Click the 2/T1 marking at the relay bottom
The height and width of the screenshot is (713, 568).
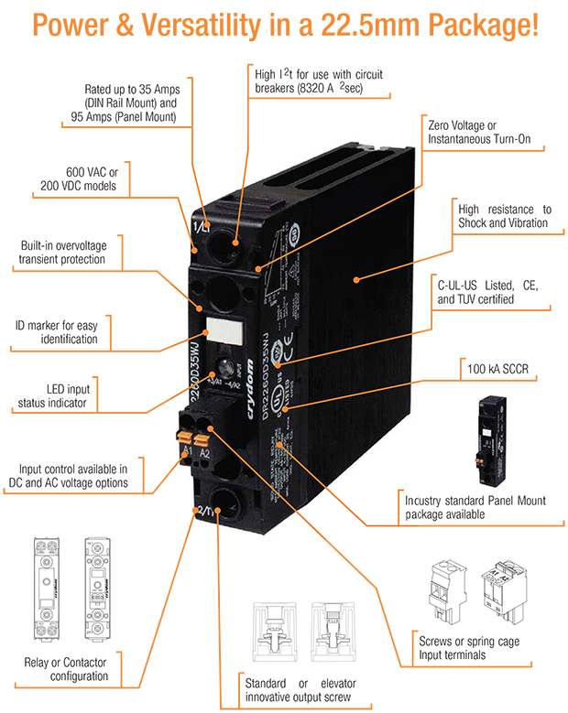pyautogui.click(x=203, y=513)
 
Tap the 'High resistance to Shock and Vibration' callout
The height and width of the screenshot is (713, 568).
pyautogui.click(x=502, y=216)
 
